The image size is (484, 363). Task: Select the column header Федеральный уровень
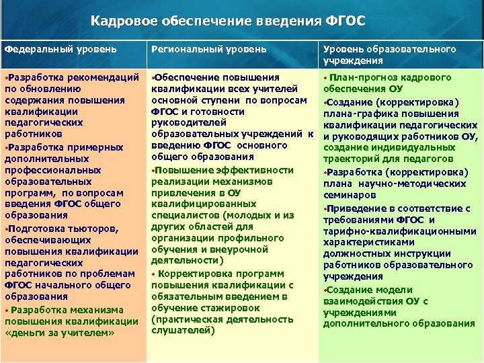tap(61, 49)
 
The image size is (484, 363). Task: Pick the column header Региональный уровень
tap(209, 49)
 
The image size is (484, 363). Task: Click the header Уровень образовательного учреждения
tap(390, 54)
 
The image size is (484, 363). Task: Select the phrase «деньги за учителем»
tap(61, 333)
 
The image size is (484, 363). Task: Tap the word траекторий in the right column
tap(352, 160)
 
